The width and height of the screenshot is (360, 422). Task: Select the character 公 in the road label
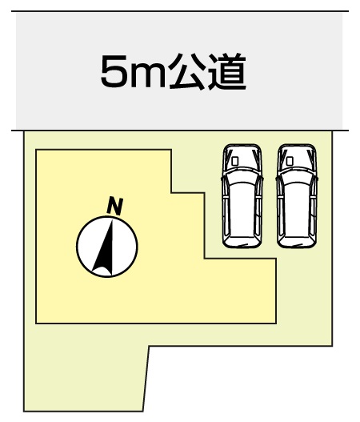click(187, 71)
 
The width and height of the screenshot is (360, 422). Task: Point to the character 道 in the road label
click(227, 71)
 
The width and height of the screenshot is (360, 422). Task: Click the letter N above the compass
click(115, 207)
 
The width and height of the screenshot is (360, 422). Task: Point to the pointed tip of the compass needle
click(111, 220)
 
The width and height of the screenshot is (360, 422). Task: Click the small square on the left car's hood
click(234, 161)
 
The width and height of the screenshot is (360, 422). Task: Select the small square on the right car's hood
click(290, 161)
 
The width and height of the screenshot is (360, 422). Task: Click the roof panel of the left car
click(242, 208)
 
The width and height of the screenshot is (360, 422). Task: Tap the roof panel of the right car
click(297, 208)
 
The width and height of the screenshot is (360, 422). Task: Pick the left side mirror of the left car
click(222, 179)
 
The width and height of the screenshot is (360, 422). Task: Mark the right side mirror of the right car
click(318, 179)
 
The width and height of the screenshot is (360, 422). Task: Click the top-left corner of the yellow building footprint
click(36, 150)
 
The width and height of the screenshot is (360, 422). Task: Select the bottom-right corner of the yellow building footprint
click(276, 323)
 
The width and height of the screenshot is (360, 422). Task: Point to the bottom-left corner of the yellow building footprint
click(36, 323)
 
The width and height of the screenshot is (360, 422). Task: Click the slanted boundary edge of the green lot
click(146, 379)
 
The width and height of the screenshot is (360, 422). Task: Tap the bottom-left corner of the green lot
click(24, 412)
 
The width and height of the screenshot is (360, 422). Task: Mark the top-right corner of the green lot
click(332, 131)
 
